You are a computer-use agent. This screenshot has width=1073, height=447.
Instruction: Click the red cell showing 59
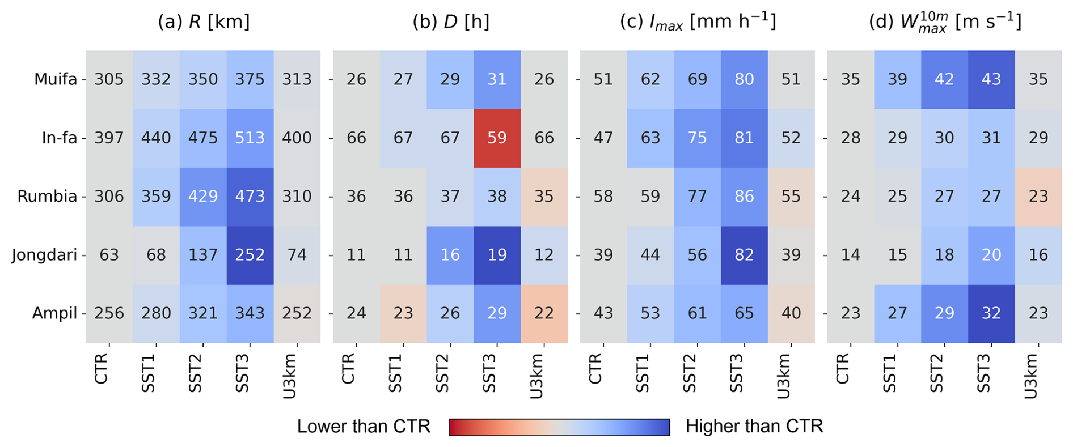tap(497, 138)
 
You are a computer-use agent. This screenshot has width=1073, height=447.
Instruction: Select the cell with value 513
tap(250, 138)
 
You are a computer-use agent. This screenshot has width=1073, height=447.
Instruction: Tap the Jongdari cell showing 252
tap(250, 255)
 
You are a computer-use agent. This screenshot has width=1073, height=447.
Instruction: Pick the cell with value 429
tap(203, 197)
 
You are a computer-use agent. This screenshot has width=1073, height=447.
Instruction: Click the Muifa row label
tap(55, 79)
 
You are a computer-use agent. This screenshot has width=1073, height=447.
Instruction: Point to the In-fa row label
tap(59, 138)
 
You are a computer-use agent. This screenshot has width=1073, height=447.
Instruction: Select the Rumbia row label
tap(47, 197)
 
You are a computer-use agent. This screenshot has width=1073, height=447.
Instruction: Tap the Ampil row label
tap(54, 313)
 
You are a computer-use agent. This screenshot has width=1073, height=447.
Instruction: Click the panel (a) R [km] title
tap(204, 22)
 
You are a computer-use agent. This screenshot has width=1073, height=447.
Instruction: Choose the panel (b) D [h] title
tap(451, 22)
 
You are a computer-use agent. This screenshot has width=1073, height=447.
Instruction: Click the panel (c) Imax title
tap(698, 22)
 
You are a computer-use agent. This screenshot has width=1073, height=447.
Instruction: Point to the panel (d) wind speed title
tap(945, 22)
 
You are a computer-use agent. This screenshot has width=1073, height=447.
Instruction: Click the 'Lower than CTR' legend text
tap(364, 426)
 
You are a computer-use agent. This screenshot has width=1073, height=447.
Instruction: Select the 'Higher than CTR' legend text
tap(754, 426)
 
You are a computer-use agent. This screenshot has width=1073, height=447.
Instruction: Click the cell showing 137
tap(203, 255)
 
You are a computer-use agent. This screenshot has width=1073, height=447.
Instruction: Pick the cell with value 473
tap(250, 197)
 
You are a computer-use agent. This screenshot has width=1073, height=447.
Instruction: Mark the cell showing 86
tap(744, 197)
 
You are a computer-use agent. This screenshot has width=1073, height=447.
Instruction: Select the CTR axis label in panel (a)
tap(101, 368)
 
